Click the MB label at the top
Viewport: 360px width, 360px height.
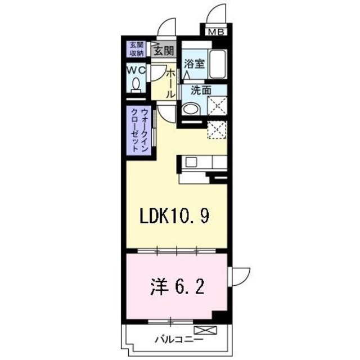point(215,32)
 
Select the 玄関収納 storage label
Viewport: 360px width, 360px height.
point(135,49)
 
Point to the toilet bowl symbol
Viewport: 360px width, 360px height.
point(136,84)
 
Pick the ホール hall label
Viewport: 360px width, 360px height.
point(170,84)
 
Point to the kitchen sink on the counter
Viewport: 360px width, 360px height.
point(190,163)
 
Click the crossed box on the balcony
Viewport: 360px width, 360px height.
point(201,330)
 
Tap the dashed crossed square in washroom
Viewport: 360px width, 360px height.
point(217,105)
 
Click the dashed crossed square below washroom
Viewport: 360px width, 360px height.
point(217,130)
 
